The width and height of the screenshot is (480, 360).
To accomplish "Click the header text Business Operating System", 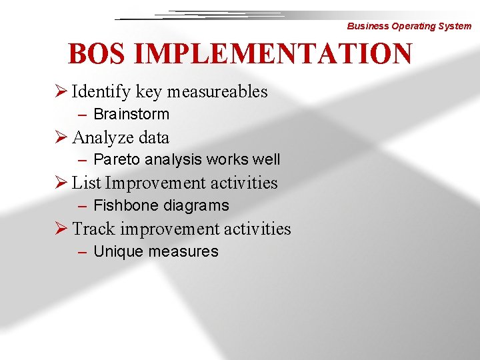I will [409, 26].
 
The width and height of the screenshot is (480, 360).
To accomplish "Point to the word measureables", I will [217, 91].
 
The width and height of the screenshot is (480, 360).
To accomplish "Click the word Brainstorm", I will [131, 114].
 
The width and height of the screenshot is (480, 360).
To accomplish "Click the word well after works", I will [267, 160].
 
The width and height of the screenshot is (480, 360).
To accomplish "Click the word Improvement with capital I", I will [155, 183].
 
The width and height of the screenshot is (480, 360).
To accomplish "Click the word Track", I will [93, 229].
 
